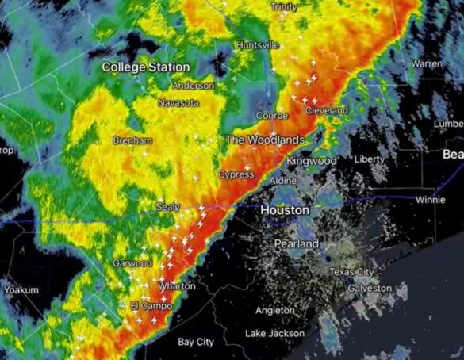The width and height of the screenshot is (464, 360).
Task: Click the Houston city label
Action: click(x=285, y=211)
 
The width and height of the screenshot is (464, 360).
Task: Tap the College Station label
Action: click(x=146, y=67)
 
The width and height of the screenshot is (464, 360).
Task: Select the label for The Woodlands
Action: click(x=265, y=140)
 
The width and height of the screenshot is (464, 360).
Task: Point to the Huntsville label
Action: click(x=258, y=46)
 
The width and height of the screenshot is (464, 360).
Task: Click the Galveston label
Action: click(x=370, y=288)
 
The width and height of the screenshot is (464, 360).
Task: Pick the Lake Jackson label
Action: click(x=274, y=334)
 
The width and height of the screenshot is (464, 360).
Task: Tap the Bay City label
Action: click(x=195, y=343)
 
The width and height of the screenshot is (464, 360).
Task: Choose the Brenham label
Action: click(x=133, y=140)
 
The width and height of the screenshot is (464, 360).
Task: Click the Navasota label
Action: click(x=178, y=103)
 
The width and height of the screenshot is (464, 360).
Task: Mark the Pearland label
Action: click(x=297, y=244)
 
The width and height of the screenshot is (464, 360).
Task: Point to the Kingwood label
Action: click(x=312, y=161)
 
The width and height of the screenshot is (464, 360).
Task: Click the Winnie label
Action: click(x=430, y=200)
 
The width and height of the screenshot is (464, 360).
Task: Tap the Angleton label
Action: click(x=275, y=310)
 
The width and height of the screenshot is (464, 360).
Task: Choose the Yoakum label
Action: click(x=21, y=290)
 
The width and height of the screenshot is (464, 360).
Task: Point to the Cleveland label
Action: click(x=327, y=110)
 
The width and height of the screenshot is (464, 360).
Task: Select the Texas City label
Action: click(x=351, y=272)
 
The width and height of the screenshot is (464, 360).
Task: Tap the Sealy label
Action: click(x=167, y=206)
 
